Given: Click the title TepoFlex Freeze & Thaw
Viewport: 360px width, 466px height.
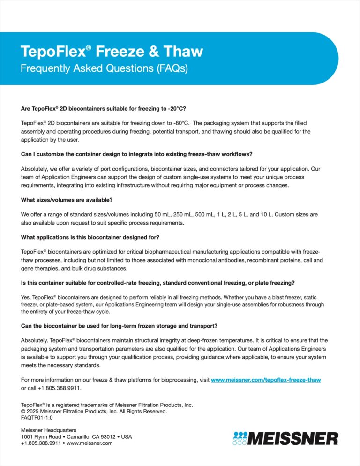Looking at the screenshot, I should pos(112,51).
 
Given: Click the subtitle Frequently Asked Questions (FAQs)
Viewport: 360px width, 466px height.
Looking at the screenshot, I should pos(104,68).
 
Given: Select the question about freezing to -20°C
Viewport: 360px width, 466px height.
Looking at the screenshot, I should pos(104,108).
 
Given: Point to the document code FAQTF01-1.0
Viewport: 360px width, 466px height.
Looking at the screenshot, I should pos(37,417).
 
